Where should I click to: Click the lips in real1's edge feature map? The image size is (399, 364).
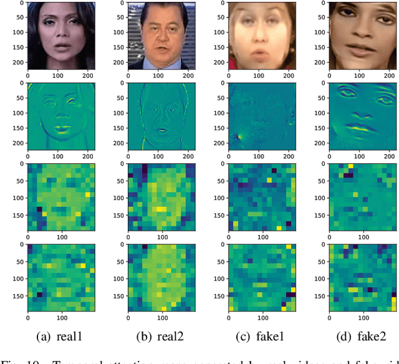(60, 129)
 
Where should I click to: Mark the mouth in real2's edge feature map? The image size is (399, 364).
(161, 130)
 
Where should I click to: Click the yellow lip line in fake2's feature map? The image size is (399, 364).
(360, 128)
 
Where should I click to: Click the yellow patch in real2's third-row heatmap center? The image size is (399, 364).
(161, 209)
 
